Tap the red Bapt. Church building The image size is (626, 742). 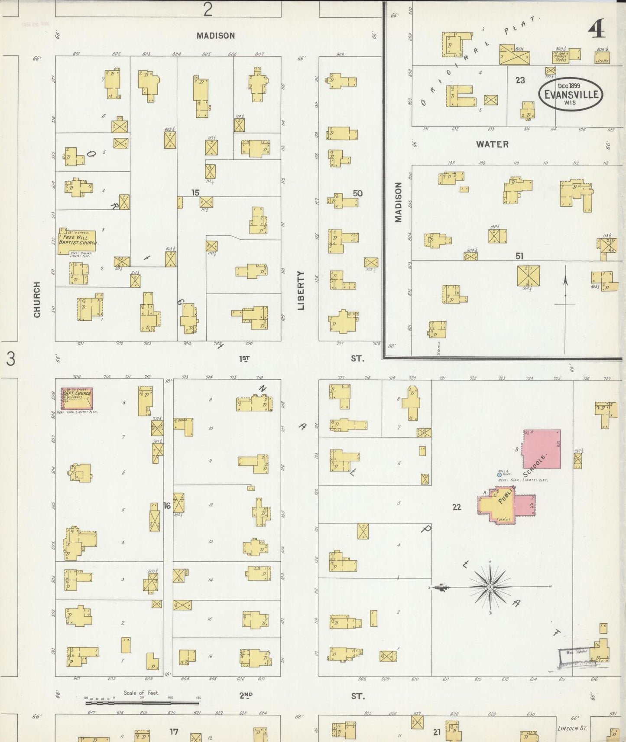pyautogui.click(x=77, y=398)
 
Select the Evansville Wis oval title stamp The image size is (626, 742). pyautogui.click(x=571, y=94)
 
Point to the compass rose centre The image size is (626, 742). pyautogui.click(x=490, y=587)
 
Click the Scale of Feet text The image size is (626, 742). pyautogui.click(x=141, y=693)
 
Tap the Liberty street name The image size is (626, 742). pyautogui.click(x=301, y=290)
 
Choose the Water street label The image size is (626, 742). pyautogui.click(x=492, y=144)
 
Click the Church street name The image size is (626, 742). pyautogui.click(x=37, y=299)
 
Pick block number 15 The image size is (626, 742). pyautogui.click(x=195, y=192)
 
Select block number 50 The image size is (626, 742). pyautogui.click(x=357, y=193)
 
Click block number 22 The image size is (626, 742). pyautogui.click(x=457, y=507)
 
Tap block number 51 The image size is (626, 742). pyautogui.click(x=519, y=256)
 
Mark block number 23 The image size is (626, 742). pyautogui.click(x=520, y=80)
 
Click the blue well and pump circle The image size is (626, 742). pyautogui.click(x=500, y=475)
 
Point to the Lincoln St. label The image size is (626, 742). pyautogui.click(x=572, y=728)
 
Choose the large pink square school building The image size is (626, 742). pyautogui.click(x=542, y=449)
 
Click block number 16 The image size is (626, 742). pyautogui.click(x=167, y=505)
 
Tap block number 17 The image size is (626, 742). pyautogui.click(x=174, y=732)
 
